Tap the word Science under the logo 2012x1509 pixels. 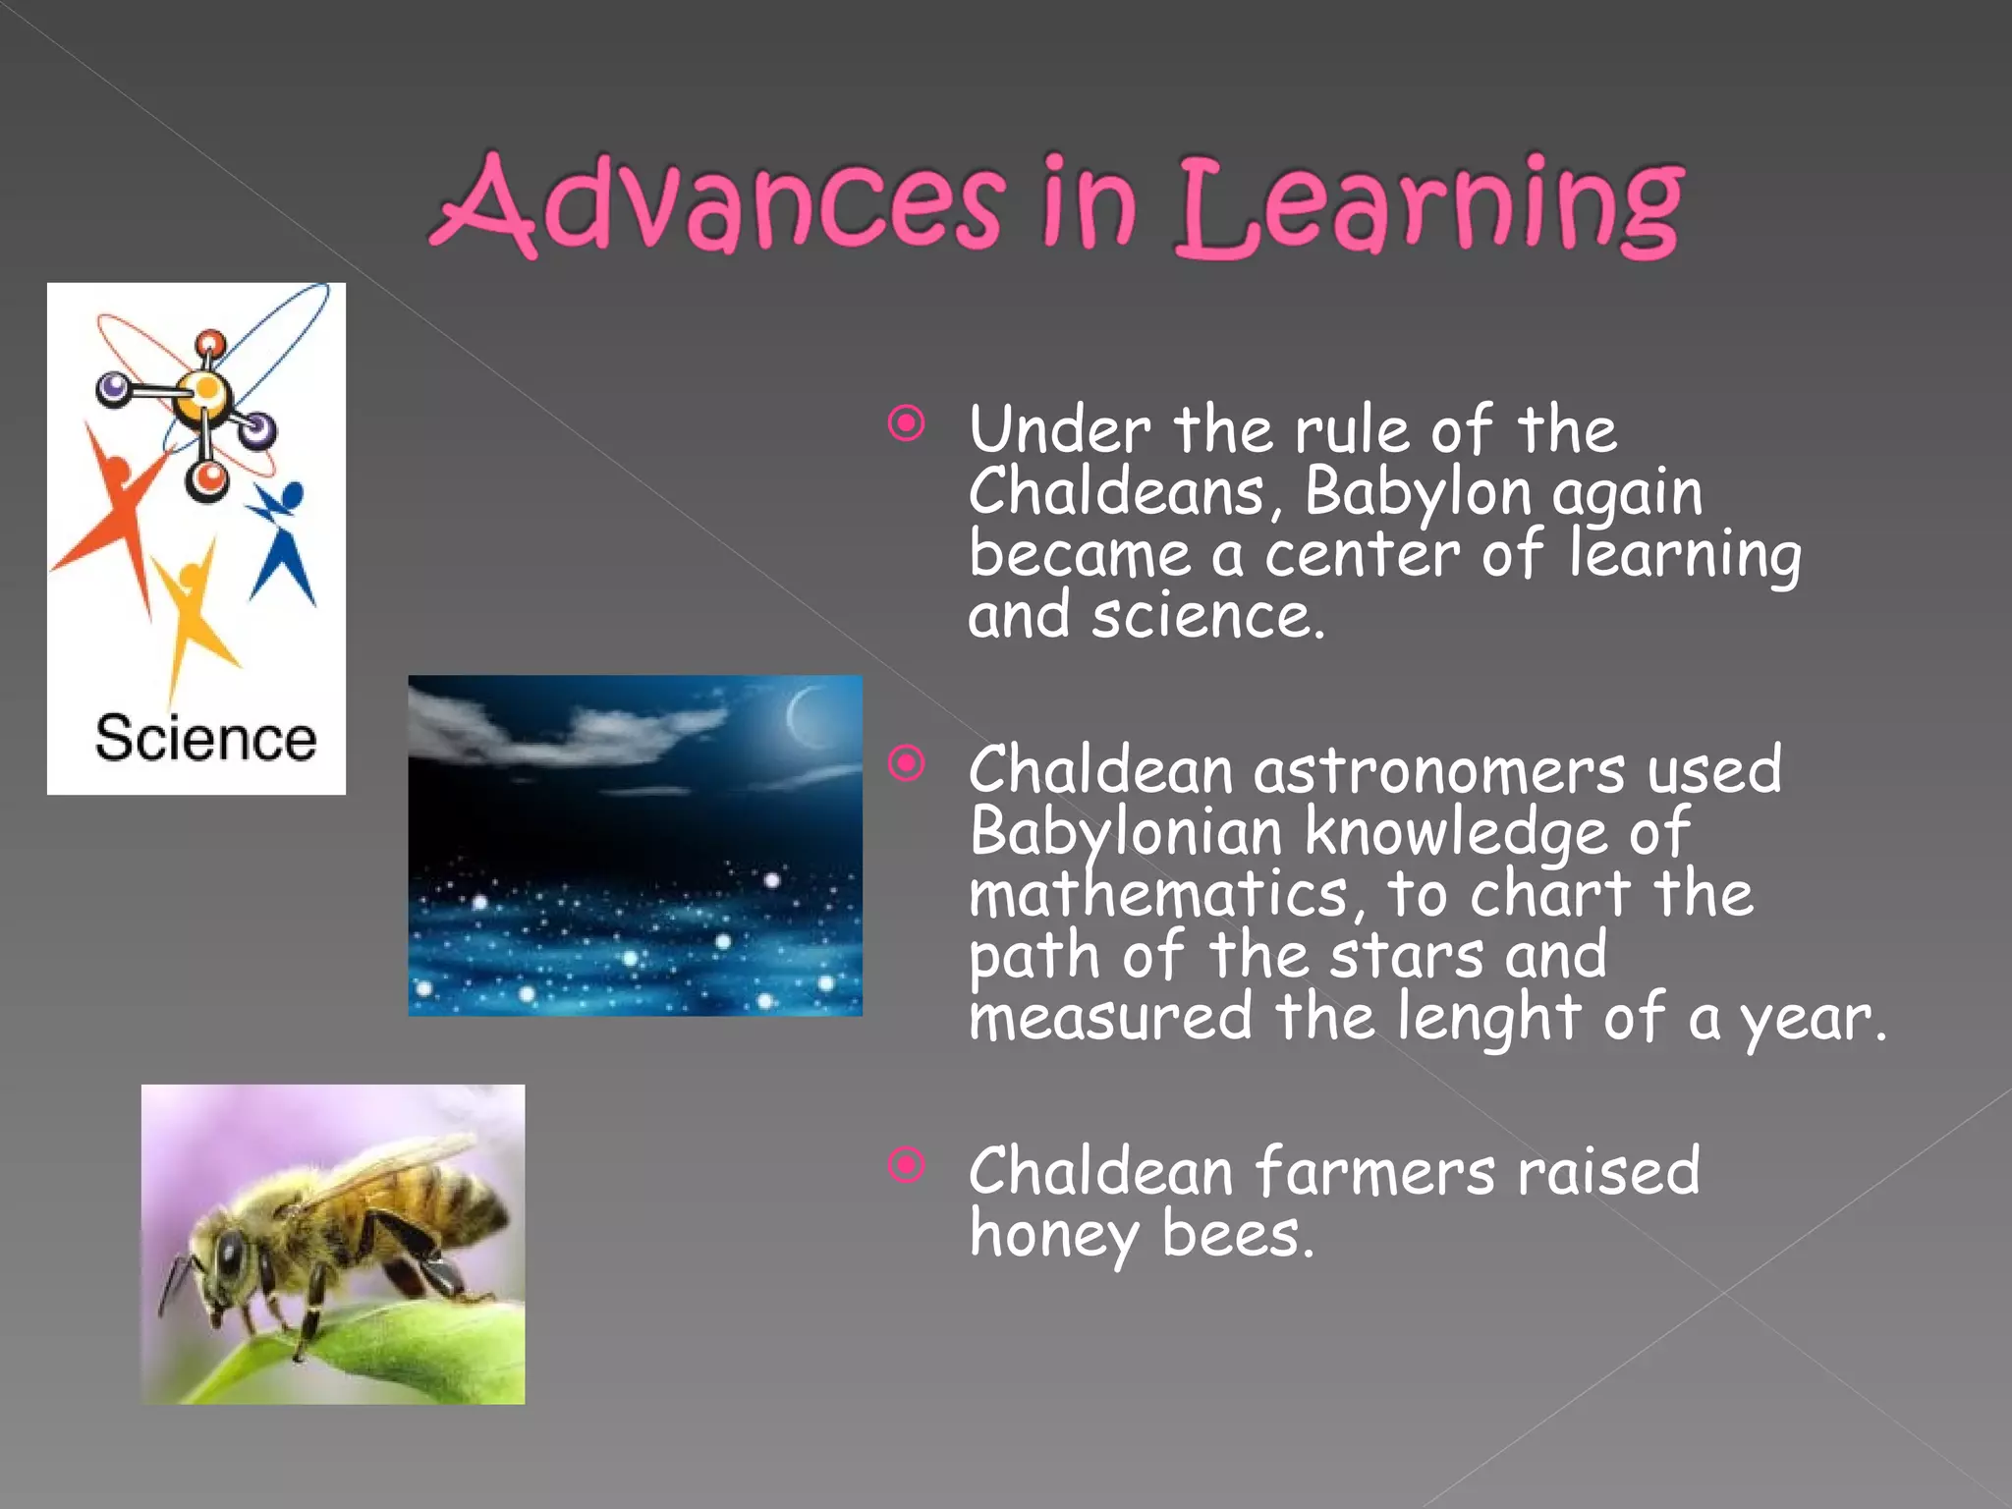click(x=205, y=739)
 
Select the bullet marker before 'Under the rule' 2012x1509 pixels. click(x=906, y=424)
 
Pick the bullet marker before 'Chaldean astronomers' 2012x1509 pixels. click(x=906, y=763)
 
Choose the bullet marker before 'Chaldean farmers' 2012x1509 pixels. click(x=906, y=1165)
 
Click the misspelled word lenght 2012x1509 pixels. click(x=1488, y=1018)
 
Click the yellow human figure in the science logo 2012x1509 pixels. click(x=192, y=614)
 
